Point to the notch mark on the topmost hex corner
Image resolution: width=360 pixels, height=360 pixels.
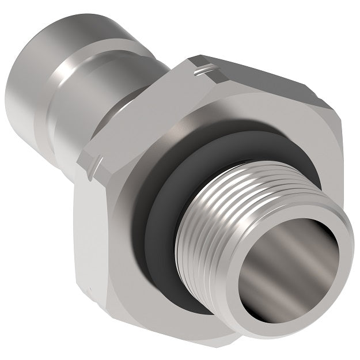(203, 71)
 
